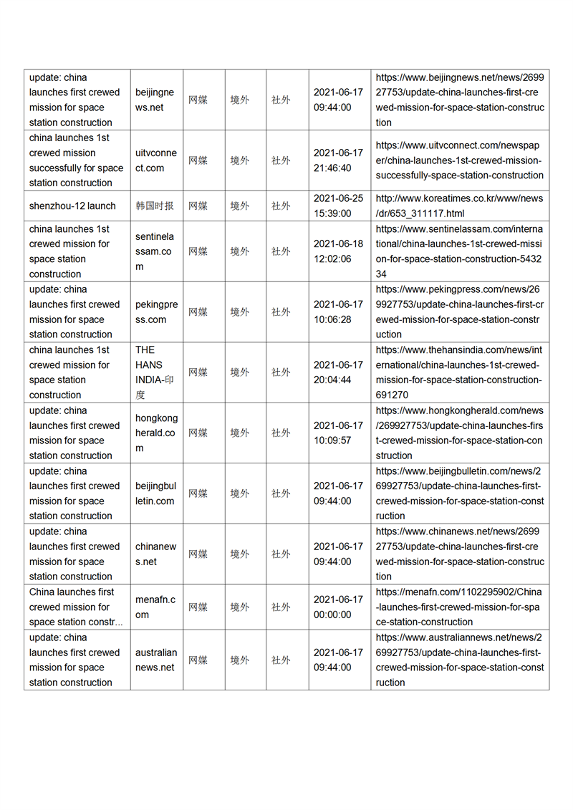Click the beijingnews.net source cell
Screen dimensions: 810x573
tap(155, 100)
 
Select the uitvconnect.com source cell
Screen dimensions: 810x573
tap(155, 160)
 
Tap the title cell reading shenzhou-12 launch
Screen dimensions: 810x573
tap(72, 206)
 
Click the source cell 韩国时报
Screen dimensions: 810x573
tap(155, 206)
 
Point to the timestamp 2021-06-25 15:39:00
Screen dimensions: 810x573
tap(338, 206)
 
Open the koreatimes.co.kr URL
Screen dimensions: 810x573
tap(459, 206)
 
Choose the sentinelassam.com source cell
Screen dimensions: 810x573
tap(155, 251)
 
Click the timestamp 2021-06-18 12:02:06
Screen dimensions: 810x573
tap(338, 251)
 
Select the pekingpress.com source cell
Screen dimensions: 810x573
tap(155, 312)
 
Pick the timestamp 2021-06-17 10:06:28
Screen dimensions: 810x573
tap(338, 312)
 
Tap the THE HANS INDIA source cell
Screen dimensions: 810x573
tap(155, 372)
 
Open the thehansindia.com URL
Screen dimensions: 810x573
tap(459, 372)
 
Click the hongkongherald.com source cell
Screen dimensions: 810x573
tap(155, 433)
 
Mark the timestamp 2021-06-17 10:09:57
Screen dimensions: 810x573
tap(338, 433)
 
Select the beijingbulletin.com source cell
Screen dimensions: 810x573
tap(155, 493)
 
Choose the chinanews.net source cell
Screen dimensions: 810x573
tap(155, 554)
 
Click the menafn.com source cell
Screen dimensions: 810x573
tap(155, 607)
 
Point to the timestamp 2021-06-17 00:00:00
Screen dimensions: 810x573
tap(338, 607)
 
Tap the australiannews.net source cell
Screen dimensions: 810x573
tap(155, 660)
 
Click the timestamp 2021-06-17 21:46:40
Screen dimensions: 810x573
tap(338, 160)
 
